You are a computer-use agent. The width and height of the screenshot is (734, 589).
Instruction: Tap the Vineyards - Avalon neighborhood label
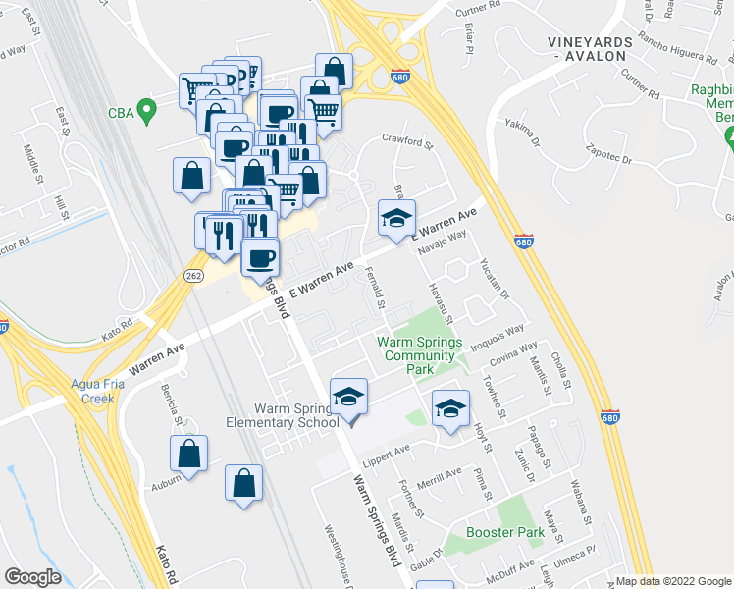(589, 48)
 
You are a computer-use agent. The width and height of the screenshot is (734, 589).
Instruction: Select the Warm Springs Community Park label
(419, 354)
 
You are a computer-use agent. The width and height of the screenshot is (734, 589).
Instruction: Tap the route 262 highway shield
(191, 278)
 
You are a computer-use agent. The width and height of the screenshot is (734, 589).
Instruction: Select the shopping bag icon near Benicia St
(189, 455)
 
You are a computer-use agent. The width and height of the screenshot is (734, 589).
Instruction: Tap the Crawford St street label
(407, 143)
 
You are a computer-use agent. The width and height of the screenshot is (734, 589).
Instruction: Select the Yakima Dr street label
(522, 134)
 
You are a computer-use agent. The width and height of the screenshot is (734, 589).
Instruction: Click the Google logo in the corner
(33, 577)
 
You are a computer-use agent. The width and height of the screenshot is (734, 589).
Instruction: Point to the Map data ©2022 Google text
(673, 581)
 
